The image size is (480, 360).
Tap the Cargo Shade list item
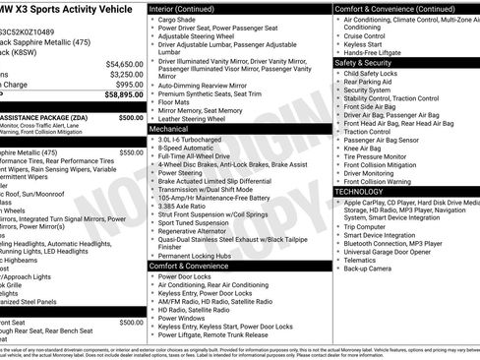point(178,19)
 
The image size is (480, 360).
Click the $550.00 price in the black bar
point(130,152)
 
